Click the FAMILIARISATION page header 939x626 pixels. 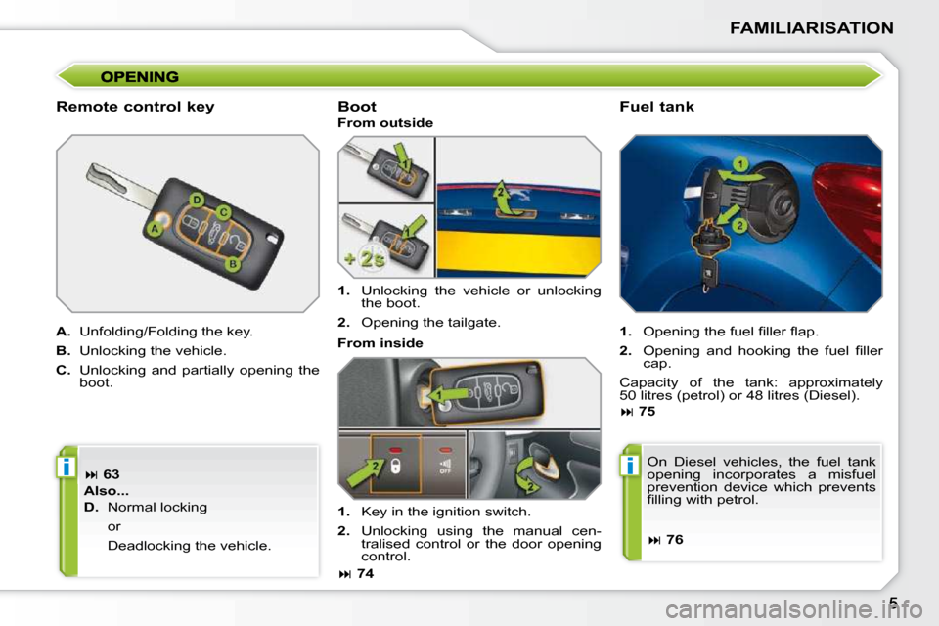pos(812,28)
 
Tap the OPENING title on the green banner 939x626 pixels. pos(140,76)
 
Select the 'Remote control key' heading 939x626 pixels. pos(135,107)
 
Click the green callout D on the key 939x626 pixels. pos(197,200)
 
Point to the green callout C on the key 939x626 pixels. pos(223,212)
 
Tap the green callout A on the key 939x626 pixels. pos(155,229)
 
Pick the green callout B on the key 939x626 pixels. pos(233,263)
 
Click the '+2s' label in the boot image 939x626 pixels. pos(365,259)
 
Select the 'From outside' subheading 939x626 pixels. pos(385,123)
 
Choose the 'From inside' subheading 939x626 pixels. pos(380,343)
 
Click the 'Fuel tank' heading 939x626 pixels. pos(657,107)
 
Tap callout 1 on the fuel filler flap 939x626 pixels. pos(740,164)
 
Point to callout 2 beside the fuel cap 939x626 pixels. pos(739,225)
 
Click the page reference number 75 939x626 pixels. pos(648,412)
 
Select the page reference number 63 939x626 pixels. pos(112,474)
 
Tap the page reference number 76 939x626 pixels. pos(674,540)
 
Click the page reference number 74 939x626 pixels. pos(365,574)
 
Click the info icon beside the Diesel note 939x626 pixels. pos(629,465)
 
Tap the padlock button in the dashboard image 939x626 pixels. pos(396,466)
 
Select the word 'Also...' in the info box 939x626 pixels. pos(107,491)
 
